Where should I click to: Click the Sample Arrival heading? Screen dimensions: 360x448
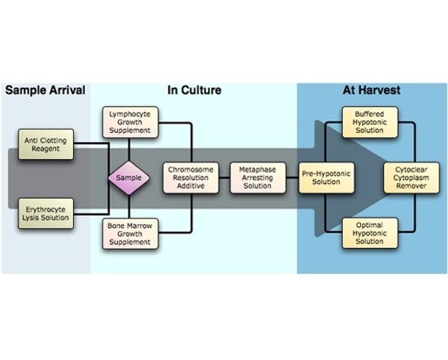[x=46, y=91]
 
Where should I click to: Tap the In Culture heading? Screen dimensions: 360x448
[x=193, y=91]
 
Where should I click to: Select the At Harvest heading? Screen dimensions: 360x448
[x=371, y=90]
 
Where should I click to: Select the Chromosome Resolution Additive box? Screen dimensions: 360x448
[x=191, y=178]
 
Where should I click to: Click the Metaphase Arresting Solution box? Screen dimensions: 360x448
[x=255, y=178]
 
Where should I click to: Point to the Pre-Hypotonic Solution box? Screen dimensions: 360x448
[x=326, y=178]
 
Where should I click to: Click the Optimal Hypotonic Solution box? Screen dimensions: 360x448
[x=370, y=232]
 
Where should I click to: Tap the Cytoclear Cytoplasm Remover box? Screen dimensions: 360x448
[x=411, y=178]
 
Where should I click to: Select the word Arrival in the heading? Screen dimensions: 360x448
[x=67, y=91]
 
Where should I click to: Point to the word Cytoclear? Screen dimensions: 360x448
[x=411, y=169]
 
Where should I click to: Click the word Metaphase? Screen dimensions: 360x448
[x=255, y=170]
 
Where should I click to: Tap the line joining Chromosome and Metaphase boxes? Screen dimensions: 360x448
[x=225, y=178]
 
